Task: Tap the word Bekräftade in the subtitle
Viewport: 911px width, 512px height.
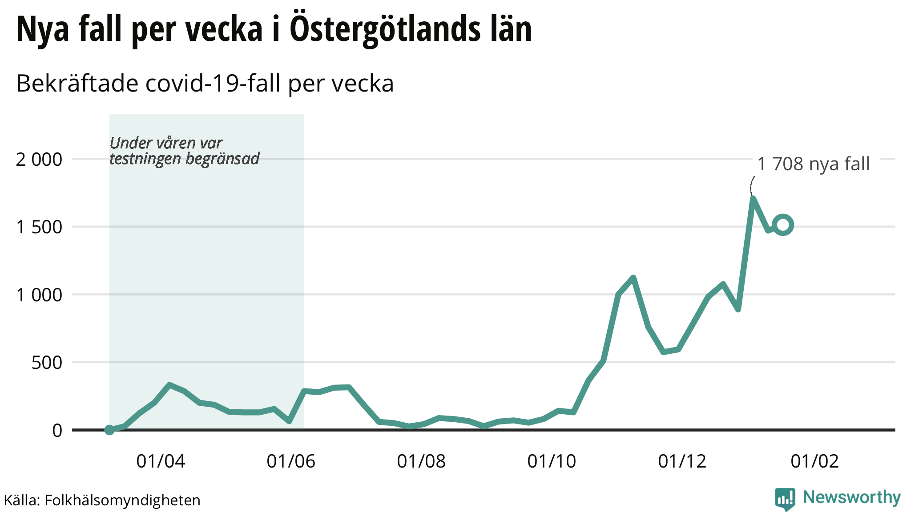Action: [x=77, y=84]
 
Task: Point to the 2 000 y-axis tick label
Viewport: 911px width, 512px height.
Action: [x=39, y=159]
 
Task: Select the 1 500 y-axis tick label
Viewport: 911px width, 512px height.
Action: [x=39, y=227]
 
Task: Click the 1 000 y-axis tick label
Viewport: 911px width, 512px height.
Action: [x=39, y=295]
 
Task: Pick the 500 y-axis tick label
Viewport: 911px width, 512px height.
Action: [x=47, y=363]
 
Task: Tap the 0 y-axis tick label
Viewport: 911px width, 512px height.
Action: [x=57, y=430]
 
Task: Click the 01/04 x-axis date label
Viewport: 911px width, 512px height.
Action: [x=161, y=461]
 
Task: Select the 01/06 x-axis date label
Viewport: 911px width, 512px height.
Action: [x=291, y=461]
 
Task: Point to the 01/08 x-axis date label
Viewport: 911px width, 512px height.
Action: [x=421, y=461]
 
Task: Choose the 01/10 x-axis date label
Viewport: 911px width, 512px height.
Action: [x=552, y=461]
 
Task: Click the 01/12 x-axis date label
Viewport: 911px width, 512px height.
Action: [x=682, y=461]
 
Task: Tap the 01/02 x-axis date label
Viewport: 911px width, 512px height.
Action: [x=814, y=461]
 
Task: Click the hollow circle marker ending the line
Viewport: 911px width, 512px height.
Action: [x=783, y=225]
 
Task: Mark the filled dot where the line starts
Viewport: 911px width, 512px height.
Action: [x=109, y=430]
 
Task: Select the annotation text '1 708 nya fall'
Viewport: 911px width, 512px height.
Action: [x=813, y=164]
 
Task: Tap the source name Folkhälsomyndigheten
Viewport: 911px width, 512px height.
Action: [x=122, y=500]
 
